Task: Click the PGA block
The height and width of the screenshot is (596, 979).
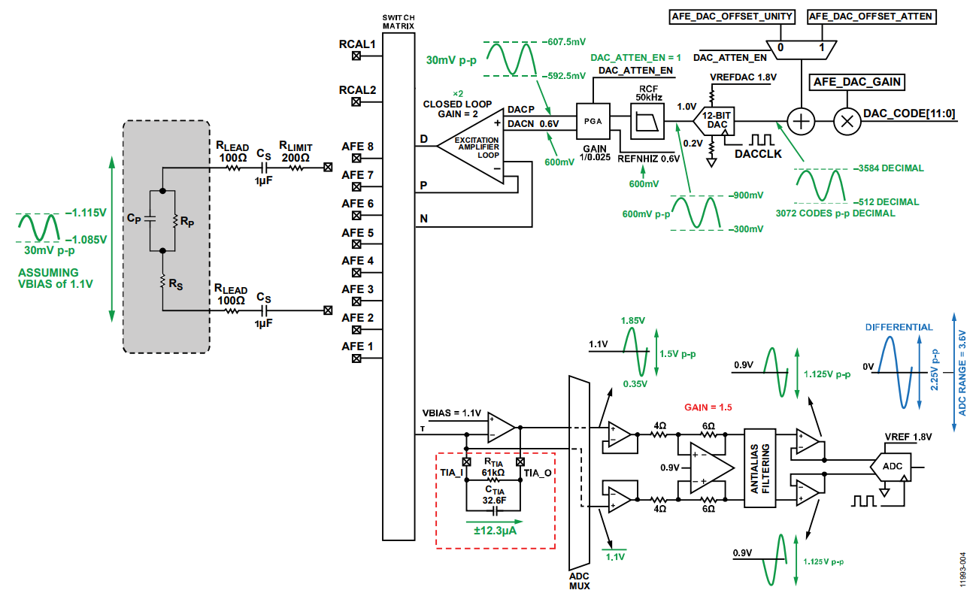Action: [x=593, y=121]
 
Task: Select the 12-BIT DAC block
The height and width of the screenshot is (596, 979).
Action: [x=714, y=121]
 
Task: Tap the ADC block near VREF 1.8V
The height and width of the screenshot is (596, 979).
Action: [x=890, y=467]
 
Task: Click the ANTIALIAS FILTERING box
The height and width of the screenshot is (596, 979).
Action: [x=759, y=468]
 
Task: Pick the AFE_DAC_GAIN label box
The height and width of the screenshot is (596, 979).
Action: [x=856, y=82]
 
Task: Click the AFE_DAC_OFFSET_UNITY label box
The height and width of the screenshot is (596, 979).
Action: [x=732, y=17]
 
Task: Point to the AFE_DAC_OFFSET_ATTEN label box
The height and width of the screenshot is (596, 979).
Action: [x=871, y=17]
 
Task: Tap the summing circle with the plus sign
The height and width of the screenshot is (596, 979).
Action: [x=801, y=121]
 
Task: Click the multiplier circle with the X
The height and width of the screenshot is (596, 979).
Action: [x=847, y=121]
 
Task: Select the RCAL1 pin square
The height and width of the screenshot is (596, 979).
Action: [x=356, y=56]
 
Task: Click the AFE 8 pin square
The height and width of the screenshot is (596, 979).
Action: [x=356, y=158]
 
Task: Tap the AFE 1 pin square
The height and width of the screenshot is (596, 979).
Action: [x=356, y=359]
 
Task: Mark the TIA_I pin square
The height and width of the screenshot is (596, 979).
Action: [x=466, y=462]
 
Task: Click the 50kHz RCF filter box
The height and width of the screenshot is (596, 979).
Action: [x=647, y=121]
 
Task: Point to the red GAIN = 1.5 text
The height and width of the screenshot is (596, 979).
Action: [x=708, y=407]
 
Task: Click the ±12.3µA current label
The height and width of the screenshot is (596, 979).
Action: [x=495, y=531]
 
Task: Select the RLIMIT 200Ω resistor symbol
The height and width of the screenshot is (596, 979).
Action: [x=296, y=168]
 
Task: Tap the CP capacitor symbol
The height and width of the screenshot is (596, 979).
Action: [x=150, y=219]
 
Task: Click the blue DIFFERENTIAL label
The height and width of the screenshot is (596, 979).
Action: [x=899, y=327]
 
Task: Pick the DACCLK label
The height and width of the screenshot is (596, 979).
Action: [x=758, y=154]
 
